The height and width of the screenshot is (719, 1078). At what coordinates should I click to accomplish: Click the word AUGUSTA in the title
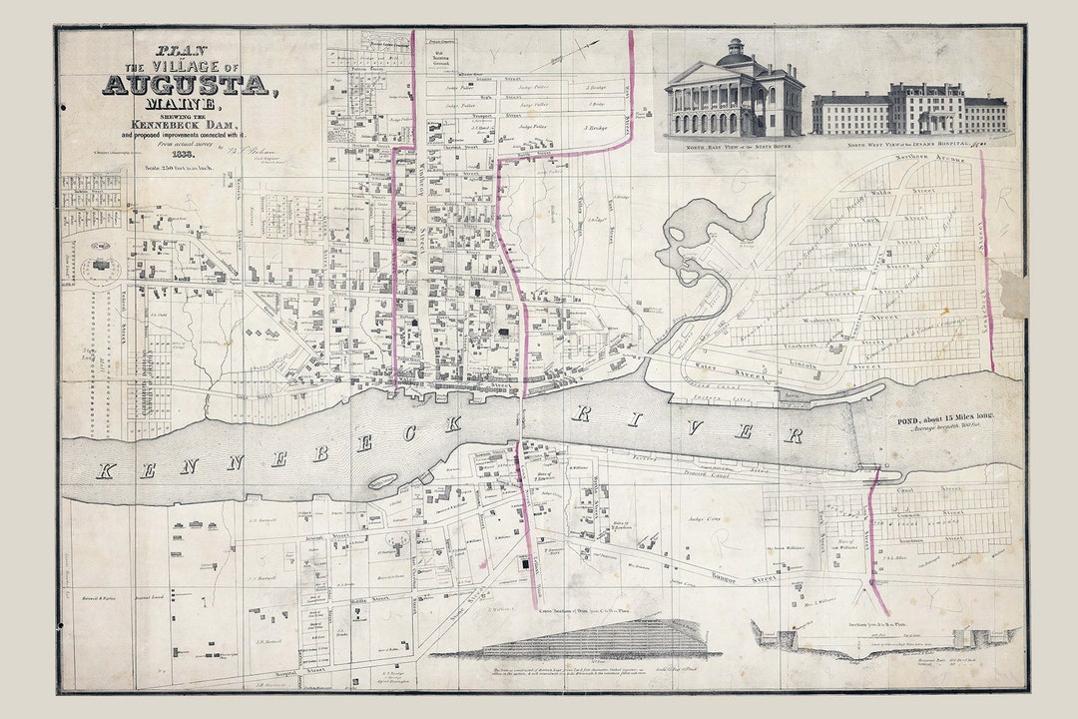point(186,86)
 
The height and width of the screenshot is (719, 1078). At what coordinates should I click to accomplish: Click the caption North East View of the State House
point(734,144)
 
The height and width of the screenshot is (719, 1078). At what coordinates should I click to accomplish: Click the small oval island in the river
point(383,482)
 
